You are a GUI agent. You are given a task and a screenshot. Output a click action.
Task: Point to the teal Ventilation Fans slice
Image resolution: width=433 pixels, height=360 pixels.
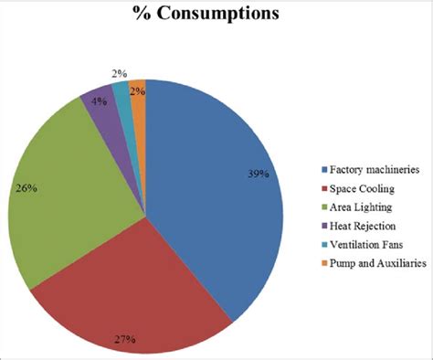point(121,89)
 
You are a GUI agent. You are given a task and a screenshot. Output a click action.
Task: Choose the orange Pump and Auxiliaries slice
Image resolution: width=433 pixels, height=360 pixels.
point(138,91)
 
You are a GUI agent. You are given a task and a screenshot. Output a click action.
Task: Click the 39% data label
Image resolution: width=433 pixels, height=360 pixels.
point(258,174)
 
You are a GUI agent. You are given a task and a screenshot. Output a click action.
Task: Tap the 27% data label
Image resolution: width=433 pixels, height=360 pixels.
point(125,339)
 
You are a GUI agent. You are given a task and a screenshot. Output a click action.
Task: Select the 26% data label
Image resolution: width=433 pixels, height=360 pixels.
point(26,188)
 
